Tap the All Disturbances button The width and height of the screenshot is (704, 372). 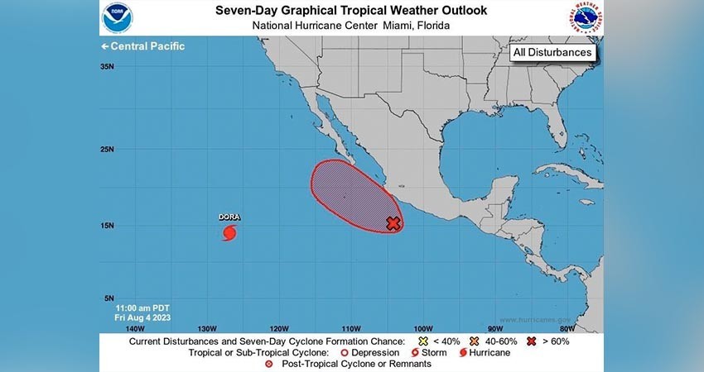tap(552, 52)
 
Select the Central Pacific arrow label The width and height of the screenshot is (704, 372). tap(142, 46)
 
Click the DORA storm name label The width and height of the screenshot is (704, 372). tap(229, 217)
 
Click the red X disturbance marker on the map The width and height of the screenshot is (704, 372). tap(393, 223)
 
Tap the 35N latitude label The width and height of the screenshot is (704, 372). tap(107, 67)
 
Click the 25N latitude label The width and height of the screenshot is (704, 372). tap(107, 150)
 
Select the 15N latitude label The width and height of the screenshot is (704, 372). tap(107, 226)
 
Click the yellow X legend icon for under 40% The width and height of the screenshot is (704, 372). tap(423, 341)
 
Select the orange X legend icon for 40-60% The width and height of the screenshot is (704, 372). tap(475, 341)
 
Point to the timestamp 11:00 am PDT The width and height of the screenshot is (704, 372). tap(143, 308)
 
